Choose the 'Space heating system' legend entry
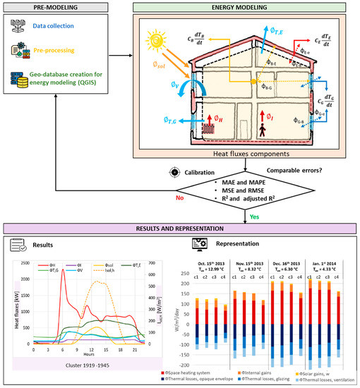coord(217,370)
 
